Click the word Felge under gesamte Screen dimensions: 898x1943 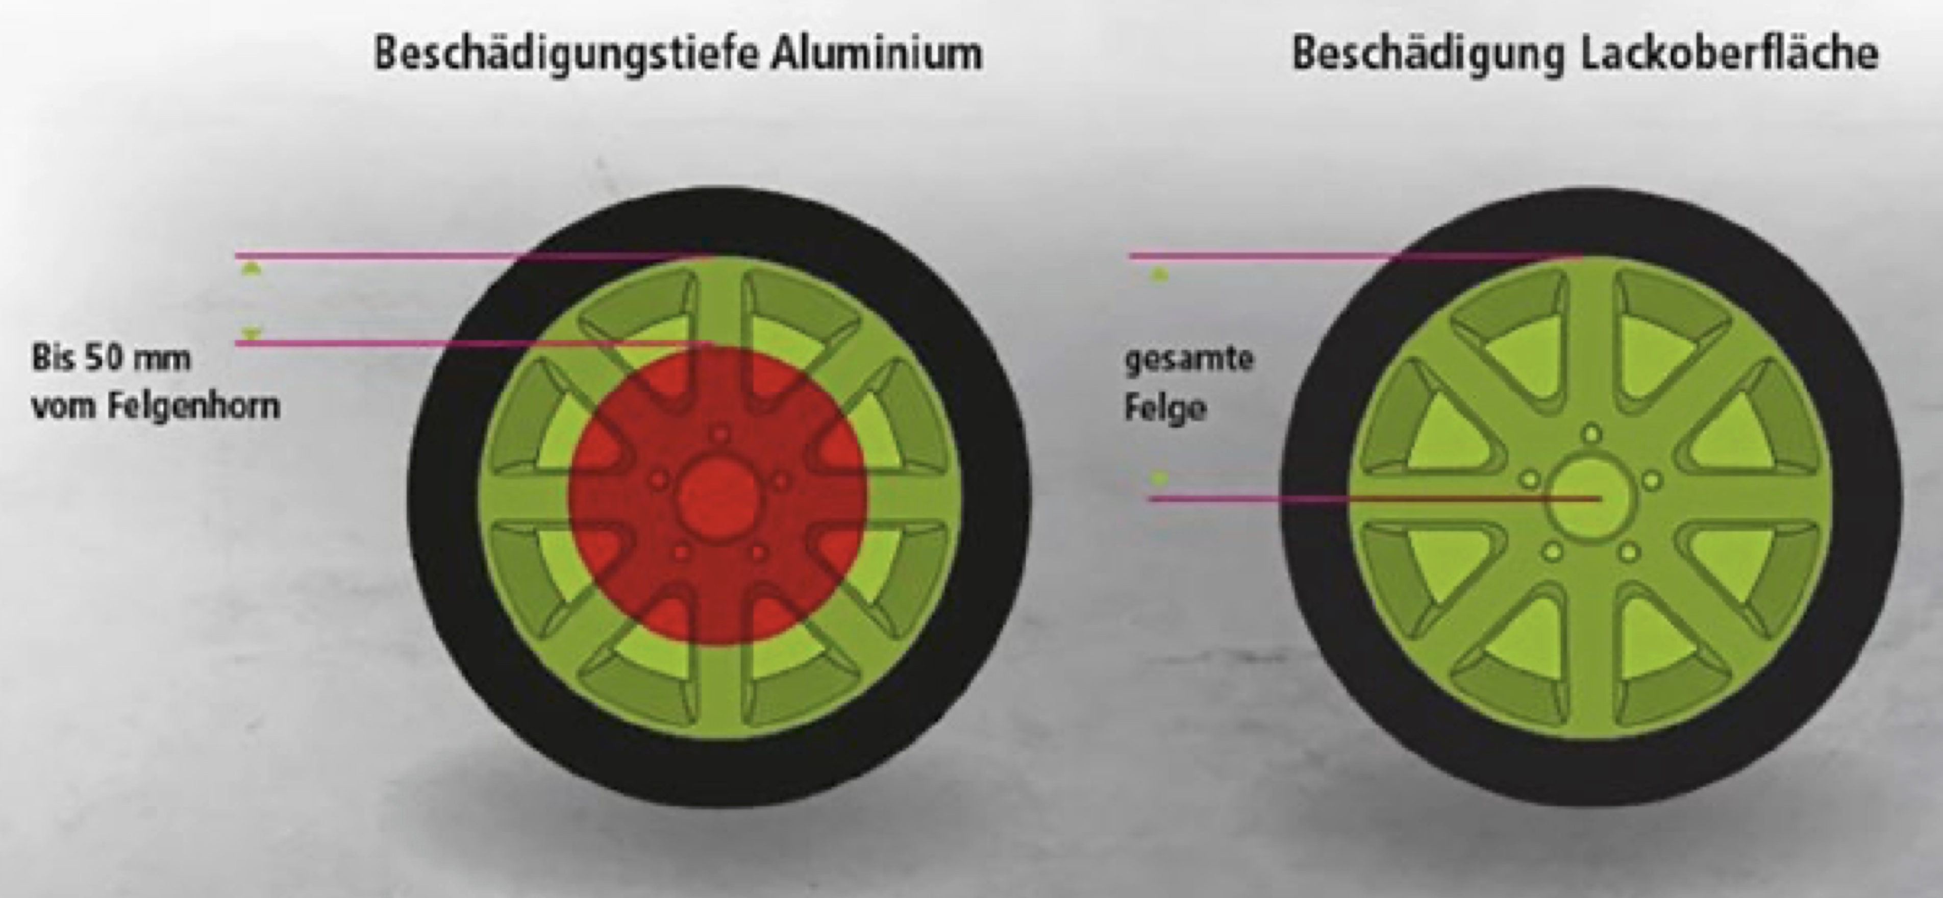point(1165,408)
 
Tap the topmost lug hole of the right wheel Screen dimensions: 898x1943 point(1591,434)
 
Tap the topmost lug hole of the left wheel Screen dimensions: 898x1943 point(721,435)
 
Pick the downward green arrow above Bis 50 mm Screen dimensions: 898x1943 point(251,332)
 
